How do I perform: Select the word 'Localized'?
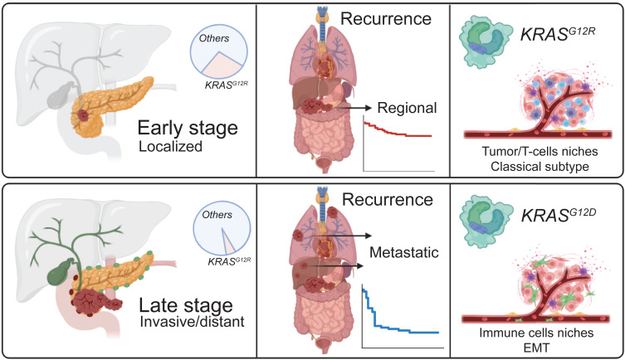coord(176,149)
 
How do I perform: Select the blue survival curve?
coord(398,319)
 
